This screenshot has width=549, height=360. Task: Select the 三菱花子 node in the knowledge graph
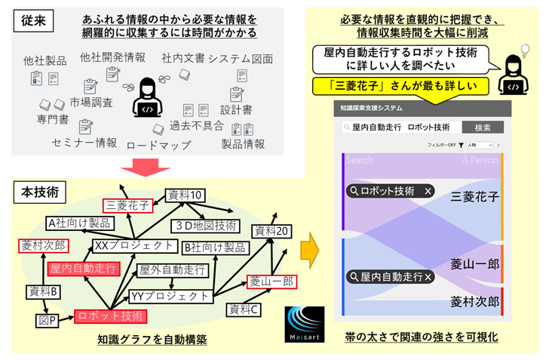click(x=128, y=204)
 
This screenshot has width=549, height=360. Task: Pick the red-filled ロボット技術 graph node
click(x=110, y=316)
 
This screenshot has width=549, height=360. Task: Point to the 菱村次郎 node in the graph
click(x=43, y=245)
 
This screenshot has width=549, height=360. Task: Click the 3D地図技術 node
click(x=204, y=225)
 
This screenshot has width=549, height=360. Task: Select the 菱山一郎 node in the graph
click(x=268, y=282)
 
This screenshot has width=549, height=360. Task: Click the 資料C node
click(x=245, y=308)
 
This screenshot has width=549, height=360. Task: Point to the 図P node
click(x=47, y=320)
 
